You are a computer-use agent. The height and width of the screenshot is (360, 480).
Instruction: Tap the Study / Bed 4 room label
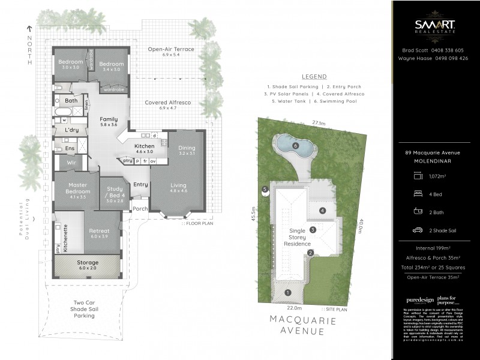click(115, 194)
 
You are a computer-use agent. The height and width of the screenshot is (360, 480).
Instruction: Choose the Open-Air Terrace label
click(171, 51)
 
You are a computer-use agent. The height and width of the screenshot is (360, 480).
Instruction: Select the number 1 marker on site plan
click(287, 292)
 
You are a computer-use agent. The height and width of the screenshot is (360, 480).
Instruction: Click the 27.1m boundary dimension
click(319, 123)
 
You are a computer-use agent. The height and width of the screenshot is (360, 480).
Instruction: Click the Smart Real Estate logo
click(435, 26)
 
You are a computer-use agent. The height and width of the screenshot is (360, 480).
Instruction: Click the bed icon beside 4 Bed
click(418, 194)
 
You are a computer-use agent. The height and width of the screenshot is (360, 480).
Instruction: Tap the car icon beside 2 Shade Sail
click(418, 230)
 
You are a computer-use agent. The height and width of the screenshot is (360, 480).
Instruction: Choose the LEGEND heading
click(314, 77)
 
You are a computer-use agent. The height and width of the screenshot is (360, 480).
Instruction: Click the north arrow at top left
click(28, 28)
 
